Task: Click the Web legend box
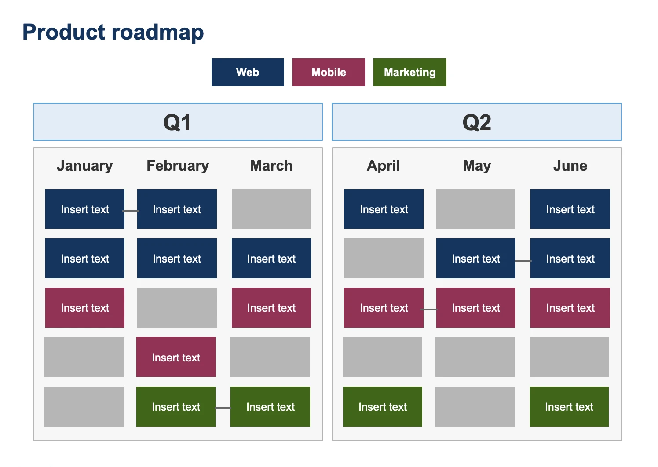pos(248,72)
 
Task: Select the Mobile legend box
pos(329,72)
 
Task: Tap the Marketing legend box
pos(409,72)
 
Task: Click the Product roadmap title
pos(113,32)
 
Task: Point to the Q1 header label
pos(177,122)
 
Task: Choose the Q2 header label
pos(476,122)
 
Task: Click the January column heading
pos(84,166)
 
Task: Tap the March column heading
pos(271,166)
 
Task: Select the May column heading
pos(476,166)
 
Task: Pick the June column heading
pos(570,166)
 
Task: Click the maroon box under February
pos(176,357)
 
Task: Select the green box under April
pos(383,406)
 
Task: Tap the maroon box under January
pos(85,307)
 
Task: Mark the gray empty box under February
pos(177,307)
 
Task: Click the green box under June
pos(569,406)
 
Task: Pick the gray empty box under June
pos(569,357)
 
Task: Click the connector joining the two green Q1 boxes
pos(223,408)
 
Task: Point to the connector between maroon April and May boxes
pos(430,310)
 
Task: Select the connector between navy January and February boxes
pos(131,211)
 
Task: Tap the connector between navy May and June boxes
pos(523,261)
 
